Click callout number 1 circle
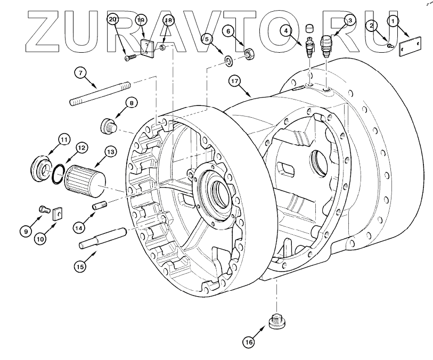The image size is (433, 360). coord(393,22)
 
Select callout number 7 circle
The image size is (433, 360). coord(79,73)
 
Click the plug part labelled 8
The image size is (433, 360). coord(109,126)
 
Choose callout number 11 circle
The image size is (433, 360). coord(63,141)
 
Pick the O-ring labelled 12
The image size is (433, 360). coord(60,171)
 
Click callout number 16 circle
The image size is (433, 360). coord(249,342)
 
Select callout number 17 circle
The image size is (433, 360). coord(235,81)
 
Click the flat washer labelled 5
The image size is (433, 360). coord(227,60)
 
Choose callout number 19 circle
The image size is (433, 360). coord(141,21)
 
